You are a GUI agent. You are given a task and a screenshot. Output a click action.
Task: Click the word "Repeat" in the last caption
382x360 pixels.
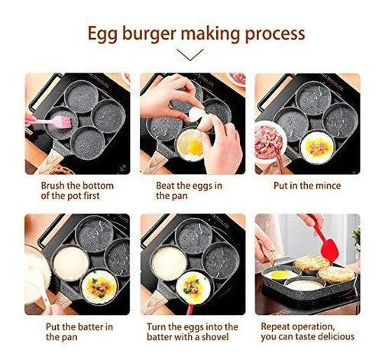(x=275, y=326)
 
